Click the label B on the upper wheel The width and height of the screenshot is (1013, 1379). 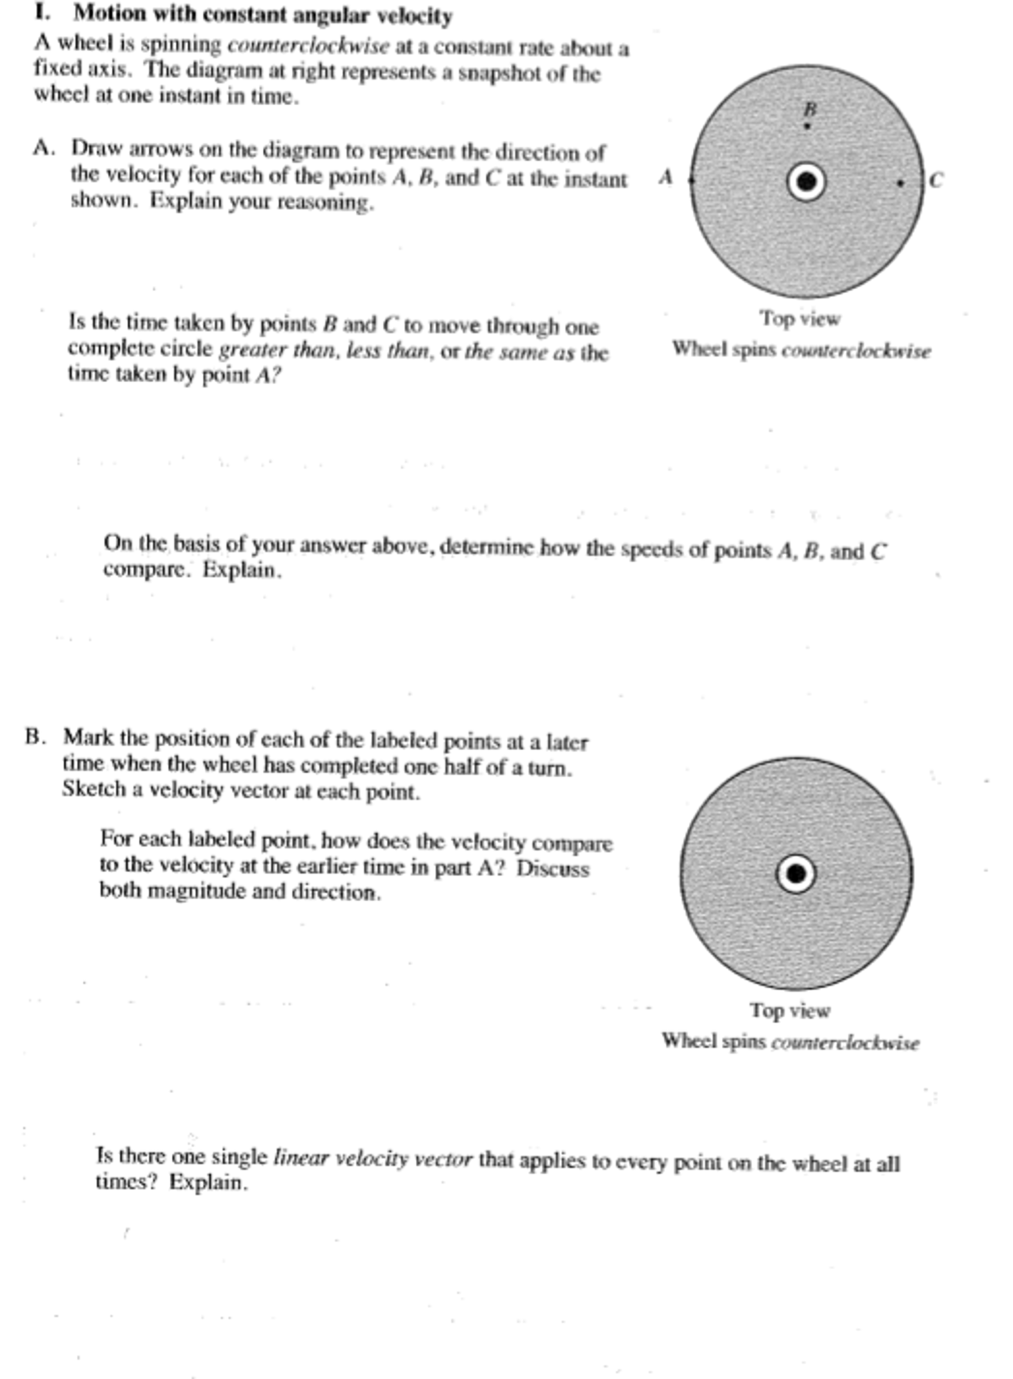click(x=810, y=109)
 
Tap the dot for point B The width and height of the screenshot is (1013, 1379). click(x=807, y=126)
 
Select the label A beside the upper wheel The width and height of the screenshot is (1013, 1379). click(x=666, y=177)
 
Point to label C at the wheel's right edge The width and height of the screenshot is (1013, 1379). click(x=935, y=181)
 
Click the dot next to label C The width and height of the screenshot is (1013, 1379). click(x=900, y=183)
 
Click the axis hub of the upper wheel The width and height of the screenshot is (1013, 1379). click(x=807, y=182)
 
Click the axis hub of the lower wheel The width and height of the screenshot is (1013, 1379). click(x=796, y=874)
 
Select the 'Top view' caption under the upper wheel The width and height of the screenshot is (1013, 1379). click(x=800, y=318)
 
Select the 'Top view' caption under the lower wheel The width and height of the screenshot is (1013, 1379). click(x=790, y=1010)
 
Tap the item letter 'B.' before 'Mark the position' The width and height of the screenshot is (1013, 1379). click(x=36, y=737)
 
